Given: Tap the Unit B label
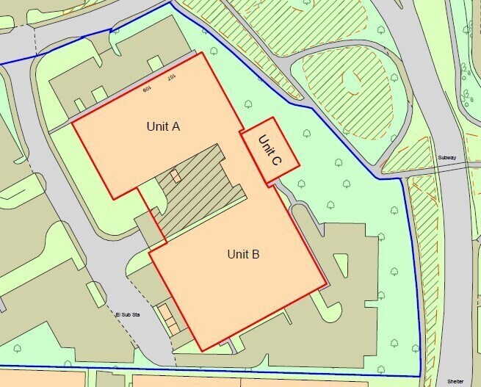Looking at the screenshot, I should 243,255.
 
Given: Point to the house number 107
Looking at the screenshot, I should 170,77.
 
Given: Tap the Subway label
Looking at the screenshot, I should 446,158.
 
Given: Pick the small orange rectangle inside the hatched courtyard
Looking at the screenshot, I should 175,176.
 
